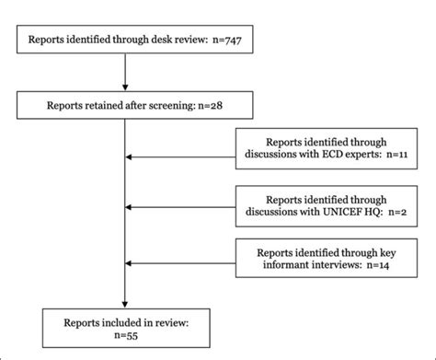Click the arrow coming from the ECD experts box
(179, 157)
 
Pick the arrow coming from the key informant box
(179, 263)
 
